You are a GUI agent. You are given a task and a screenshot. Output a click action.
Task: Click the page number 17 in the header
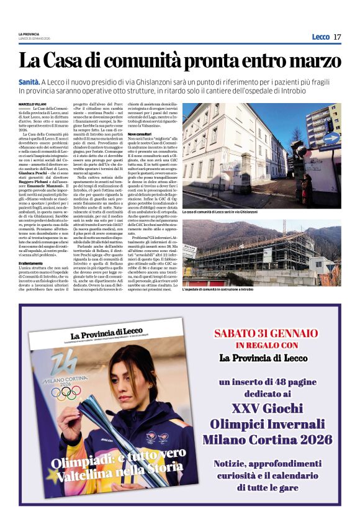point(337,37)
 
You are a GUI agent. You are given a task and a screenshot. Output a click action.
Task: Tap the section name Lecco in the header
point(320,37)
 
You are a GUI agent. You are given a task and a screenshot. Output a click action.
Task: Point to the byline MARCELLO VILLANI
point(32,104)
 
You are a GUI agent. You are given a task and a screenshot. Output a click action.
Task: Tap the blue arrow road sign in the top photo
point(331,138)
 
